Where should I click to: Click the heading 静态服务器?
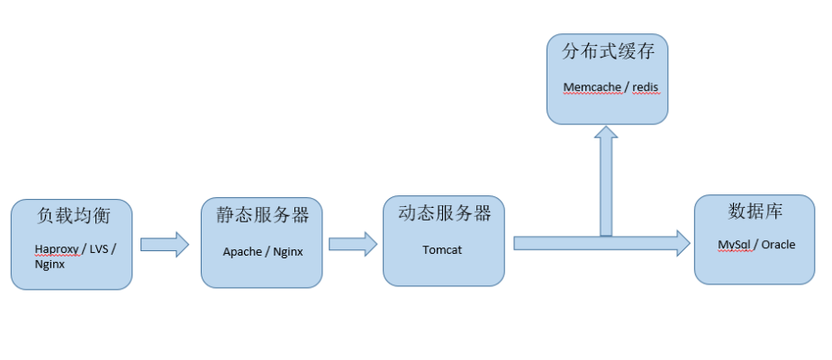tap(262, 215)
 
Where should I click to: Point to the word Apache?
tap(242, 252)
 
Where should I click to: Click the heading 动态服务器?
tap(444, 213)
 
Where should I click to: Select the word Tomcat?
tap(442, 249)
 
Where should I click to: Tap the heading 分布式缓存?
tap(608, 52)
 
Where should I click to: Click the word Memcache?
tap(591, 87)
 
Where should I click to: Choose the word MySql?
tap(735, 245)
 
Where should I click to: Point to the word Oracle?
tap(778, 245)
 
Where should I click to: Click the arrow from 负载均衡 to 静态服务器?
tap(165, 244)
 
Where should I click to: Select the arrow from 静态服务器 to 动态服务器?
tap(352, 244)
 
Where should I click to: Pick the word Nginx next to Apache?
tap(287, 252)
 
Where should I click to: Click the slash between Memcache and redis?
tap(626, 87)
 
